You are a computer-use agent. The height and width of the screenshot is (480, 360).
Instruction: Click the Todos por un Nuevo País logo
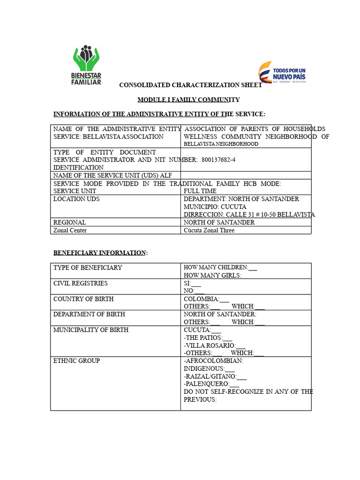(x=282, y=73)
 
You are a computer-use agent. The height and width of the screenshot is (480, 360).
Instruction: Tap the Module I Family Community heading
(x=188, y=100)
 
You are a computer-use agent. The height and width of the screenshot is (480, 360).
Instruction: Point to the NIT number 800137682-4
(x=218, y=160)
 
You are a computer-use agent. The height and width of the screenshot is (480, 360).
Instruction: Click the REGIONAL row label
(x=69, y=222)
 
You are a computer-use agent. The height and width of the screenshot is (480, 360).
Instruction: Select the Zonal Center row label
(x=70, y=230)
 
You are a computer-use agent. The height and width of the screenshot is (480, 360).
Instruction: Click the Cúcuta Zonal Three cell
(x=209, y=230)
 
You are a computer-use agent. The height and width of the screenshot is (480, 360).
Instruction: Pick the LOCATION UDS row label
(x=76, y=199)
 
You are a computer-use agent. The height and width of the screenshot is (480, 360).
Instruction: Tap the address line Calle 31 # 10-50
(x=249, y=215)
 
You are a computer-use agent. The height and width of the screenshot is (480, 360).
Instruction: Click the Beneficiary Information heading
(x=100, y=253)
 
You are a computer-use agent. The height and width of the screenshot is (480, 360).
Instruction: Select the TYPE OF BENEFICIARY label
(x=88, y=268)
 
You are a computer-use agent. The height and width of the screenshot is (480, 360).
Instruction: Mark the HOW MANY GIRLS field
(x=212, y=276)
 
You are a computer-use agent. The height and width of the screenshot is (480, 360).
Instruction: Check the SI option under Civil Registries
(x=192, y=283)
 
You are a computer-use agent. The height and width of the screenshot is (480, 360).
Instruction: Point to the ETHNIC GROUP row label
(x=76, y=361)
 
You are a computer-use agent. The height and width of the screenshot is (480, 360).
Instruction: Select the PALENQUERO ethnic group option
(x=211, y=384)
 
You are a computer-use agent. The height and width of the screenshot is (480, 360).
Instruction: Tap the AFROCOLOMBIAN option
(x=213, y=361)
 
